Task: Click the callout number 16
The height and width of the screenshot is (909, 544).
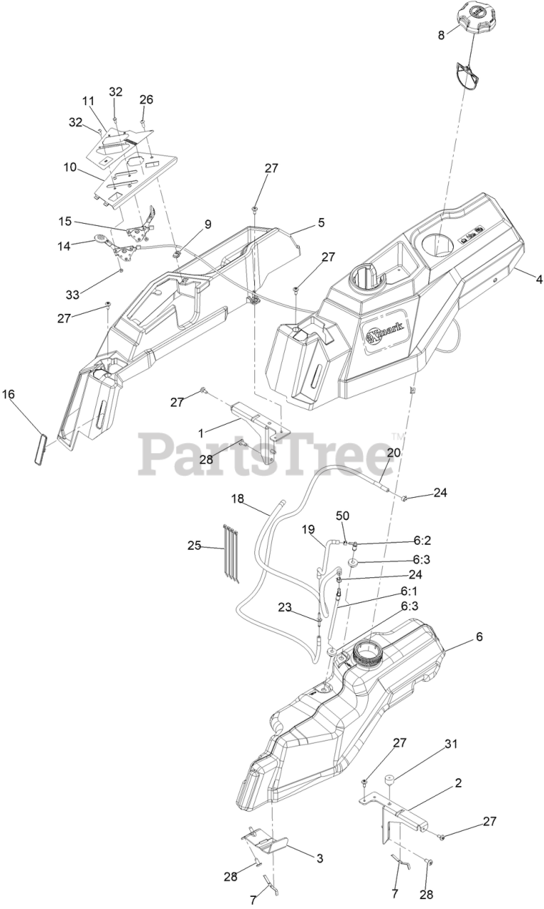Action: click(8, 393)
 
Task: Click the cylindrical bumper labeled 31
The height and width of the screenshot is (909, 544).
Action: click(390, 782)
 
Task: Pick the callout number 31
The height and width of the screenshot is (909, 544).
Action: click(452, 744)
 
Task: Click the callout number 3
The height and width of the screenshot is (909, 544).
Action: click(320, 859)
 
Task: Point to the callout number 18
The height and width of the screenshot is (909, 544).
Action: click(237, 499)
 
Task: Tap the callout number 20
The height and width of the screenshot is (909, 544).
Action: click(393, 452)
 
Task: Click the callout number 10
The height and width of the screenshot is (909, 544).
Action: click(70, 168)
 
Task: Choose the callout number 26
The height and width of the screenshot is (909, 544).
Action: click(146, 99)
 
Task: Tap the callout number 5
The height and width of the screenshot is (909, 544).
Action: click(321, 222)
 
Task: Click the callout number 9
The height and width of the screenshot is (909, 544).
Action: click(208, 224)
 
